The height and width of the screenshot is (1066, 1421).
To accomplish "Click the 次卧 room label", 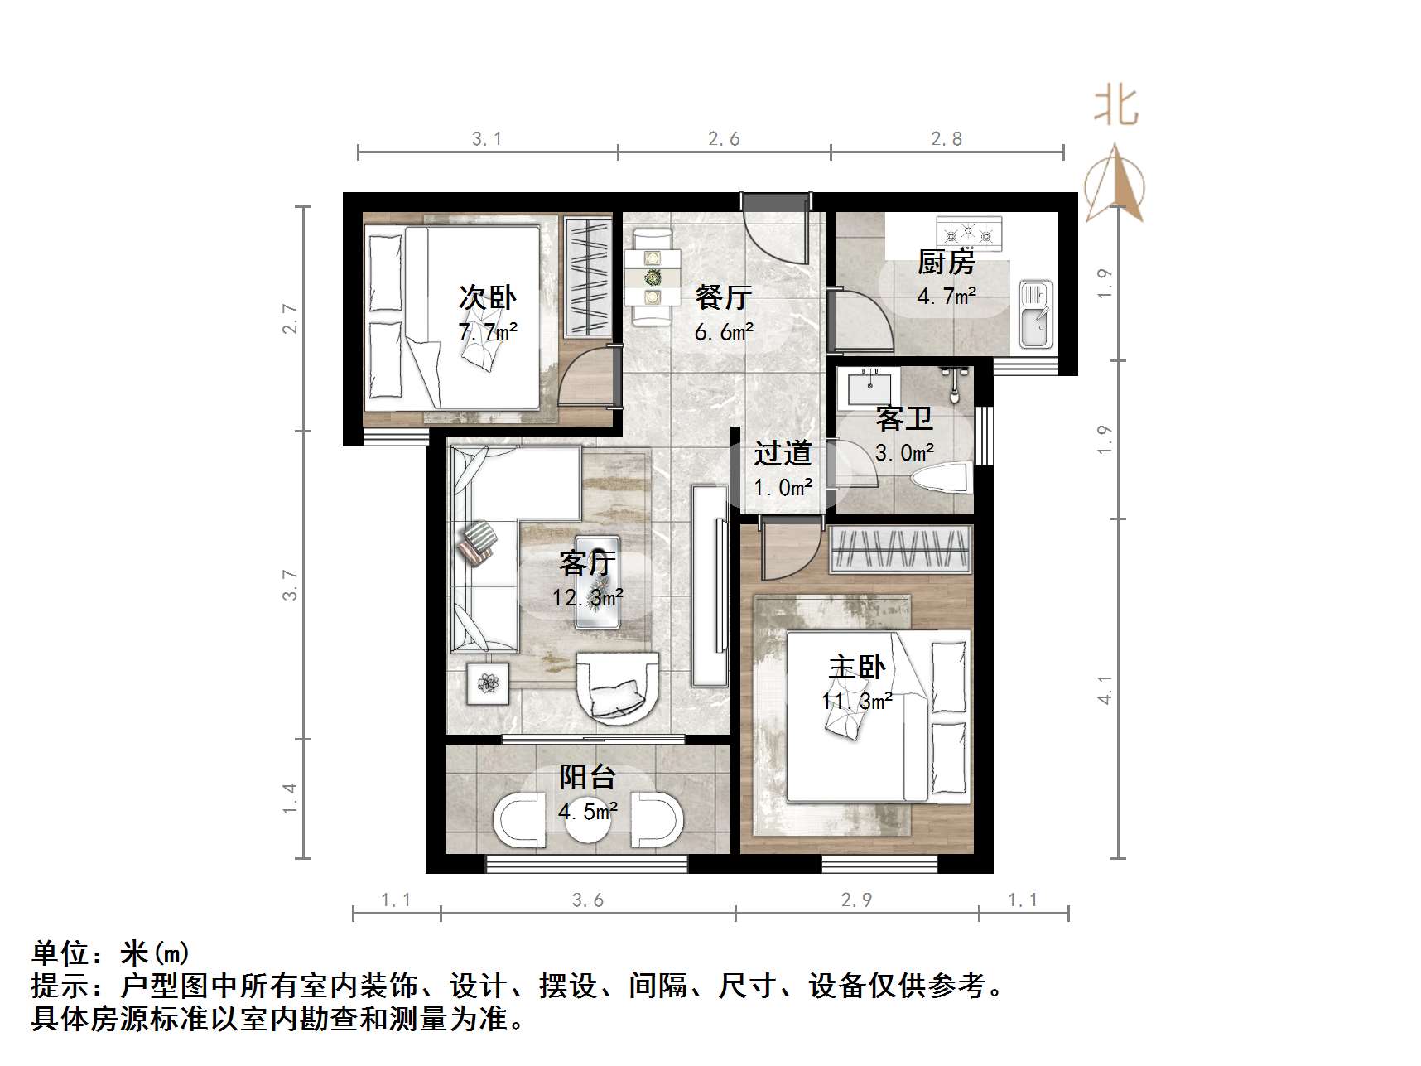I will [x=487, y=297].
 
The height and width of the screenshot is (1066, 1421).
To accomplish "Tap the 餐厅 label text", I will [x=723, y=297].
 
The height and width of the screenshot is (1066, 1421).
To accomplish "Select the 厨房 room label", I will [x=946, y=263].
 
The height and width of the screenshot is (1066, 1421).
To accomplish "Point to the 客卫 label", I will [x=903, y=419].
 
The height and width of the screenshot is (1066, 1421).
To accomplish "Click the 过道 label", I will [x=782, y=453].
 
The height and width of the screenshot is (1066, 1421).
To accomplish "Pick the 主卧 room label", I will [x=857, y=667].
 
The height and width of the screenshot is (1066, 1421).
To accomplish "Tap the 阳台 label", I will [x=587, y=777].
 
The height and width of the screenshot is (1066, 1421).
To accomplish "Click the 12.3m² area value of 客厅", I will [x=587, y=597].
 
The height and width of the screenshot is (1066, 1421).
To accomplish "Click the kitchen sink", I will [x=1034, y=315].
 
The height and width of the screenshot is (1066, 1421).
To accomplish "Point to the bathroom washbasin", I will [x=869, y=386].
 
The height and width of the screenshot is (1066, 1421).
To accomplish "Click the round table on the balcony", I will [x=589, y=820].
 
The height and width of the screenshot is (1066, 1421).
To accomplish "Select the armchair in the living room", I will [x=617, y=687].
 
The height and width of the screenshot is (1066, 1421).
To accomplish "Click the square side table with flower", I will [x=489, y=683].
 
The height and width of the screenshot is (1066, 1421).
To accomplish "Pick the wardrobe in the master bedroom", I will [x=900, y=548].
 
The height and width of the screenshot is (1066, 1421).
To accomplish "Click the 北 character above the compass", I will [x=1116, y=107].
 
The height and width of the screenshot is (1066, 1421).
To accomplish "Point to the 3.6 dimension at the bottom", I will [x=587, y=900].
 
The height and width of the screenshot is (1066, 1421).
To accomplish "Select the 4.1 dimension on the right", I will [x=1105, y=689].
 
